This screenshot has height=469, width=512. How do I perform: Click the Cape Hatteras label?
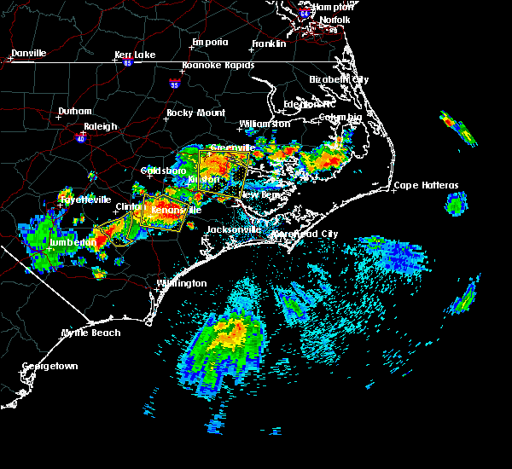tap(426, 185)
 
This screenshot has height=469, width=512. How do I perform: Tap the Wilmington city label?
tap(181, 283)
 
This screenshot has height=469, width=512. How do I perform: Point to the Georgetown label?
tap(49, 366)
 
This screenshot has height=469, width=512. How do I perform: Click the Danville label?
tap(28, 53)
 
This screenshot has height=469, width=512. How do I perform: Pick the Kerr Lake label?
tap(135, 55)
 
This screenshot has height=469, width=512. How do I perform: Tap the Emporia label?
tap(210, 42)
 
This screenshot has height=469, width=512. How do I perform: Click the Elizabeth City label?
tap(339, 79)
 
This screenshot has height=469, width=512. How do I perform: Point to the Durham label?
tap(74, 112)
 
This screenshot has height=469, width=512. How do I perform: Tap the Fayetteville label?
tap(85, 200)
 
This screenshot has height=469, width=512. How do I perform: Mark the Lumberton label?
tap(73, 242)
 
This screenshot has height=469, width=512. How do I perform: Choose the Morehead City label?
tap(305, 234)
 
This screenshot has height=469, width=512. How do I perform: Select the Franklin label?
tap(268, 43)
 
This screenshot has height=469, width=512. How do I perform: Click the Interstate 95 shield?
tap(175, 84)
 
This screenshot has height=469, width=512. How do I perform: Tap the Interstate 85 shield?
tap(127, 62)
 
